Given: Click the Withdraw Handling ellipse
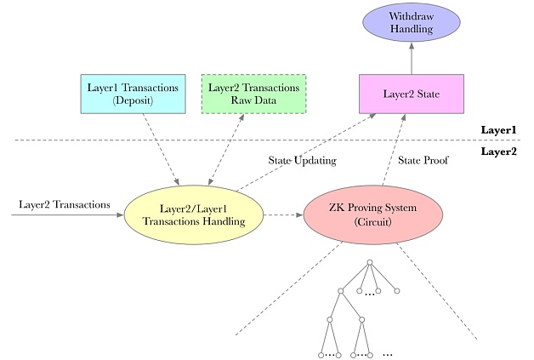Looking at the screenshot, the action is [x=412, y=22].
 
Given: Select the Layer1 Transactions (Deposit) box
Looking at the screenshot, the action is [x=133, y=94].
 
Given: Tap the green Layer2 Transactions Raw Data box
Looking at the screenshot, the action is [x=253, y=94].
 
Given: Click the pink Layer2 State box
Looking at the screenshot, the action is [x=412, y=94].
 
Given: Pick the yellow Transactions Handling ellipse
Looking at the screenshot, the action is [x=194, y=214].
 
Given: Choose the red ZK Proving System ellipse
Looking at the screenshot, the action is [x=373, y=214].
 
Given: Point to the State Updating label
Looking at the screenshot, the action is [x=303, y=160].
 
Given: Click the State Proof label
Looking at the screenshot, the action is [x=423, y=160].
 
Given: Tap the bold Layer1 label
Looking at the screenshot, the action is [x=498, y=130].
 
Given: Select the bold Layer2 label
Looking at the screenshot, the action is [x=498, y=151].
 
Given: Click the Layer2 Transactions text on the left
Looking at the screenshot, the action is [x=65, y=204].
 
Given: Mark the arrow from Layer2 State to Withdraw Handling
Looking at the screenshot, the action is [x=412, y=58].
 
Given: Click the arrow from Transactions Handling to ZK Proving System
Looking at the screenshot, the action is [x=283, y=215].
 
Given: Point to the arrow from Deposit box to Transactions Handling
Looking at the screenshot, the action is [x=161, y=150].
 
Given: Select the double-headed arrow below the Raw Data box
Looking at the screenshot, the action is [x=226, y=150].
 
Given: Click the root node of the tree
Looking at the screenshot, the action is [x=370, y=262].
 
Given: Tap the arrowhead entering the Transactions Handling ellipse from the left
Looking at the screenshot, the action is [x=120, y=215].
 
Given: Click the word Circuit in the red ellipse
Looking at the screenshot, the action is [x=373, y=222].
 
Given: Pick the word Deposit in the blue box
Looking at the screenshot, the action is [x=133, y=100].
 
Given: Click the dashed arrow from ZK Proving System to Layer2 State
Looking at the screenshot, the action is [x=394, y=150].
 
